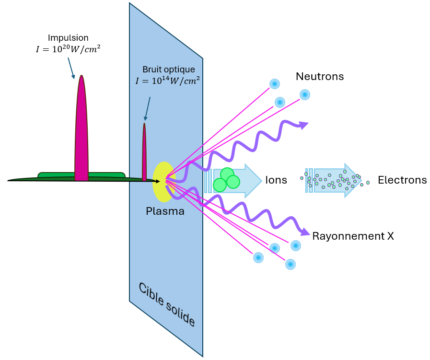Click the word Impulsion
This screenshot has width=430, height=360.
tap(68, 37)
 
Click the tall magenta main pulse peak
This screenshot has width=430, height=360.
tap(81, 129)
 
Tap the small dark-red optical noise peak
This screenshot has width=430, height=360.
tap(144, 153)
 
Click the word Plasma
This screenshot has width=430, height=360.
tap(165, 211)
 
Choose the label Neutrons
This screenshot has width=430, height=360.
tap(320, 76)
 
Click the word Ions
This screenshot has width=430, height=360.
tap(276, 180)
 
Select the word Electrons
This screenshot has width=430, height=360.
tap(402, 180)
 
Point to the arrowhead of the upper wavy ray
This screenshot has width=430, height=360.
tap(303, 125)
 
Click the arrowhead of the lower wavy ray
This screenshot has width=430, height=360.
tap(305, 232)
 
